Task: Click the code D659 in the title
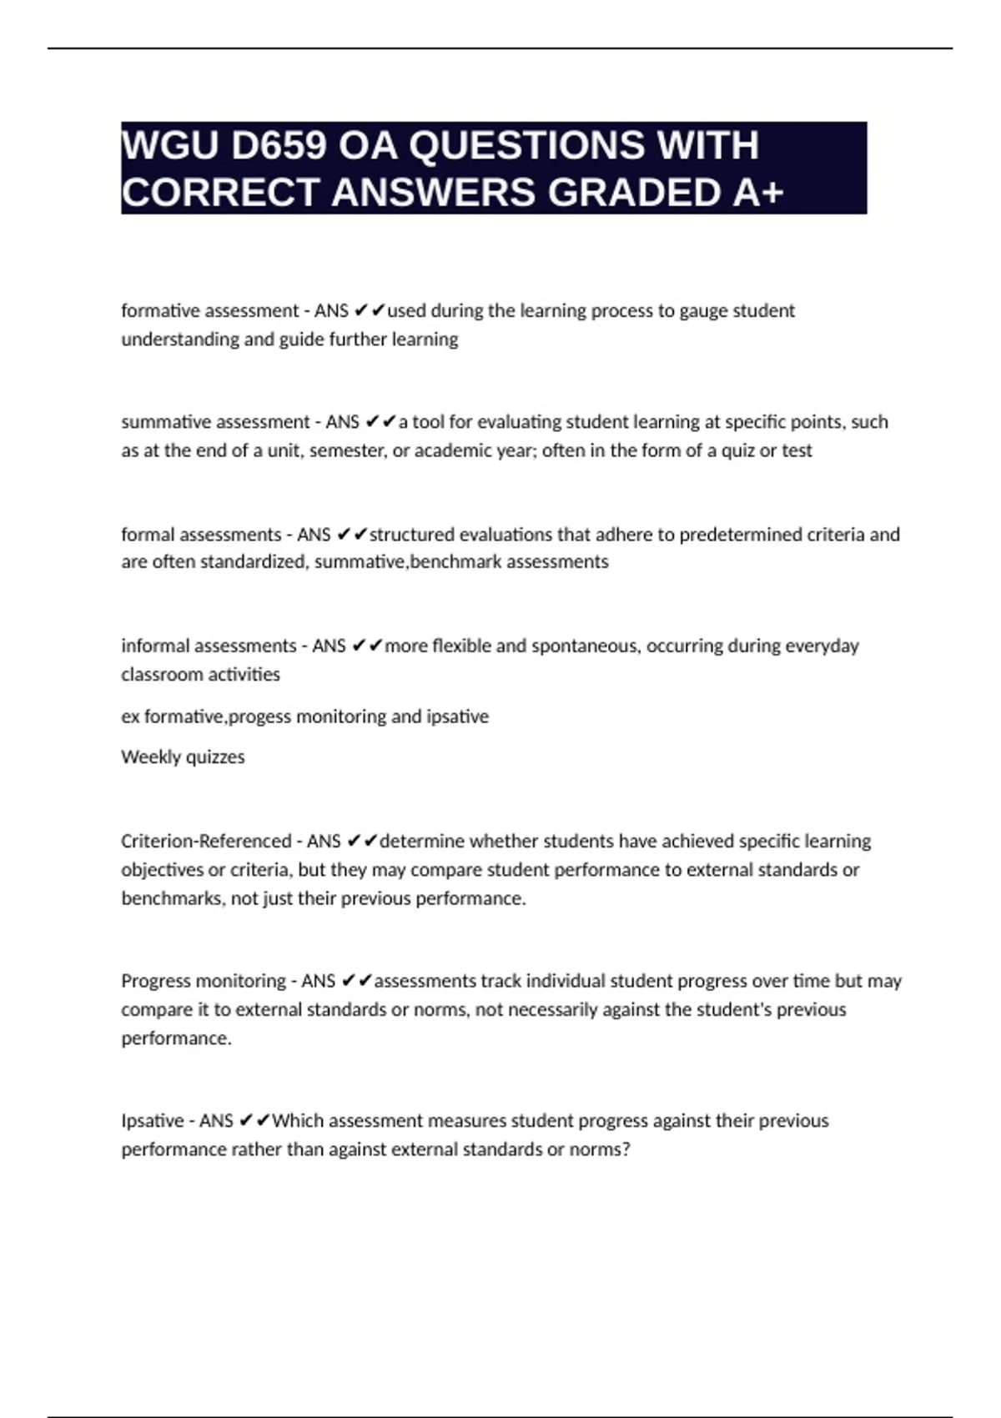pyautogui.click(x=279, y=146)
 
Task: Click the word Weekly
pyautogui.click(x=150, y=757)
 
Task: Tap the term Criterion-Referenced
pyautogui.click(x=206, y=841)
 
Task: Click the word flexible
pyautogui.click(x=461, y=646)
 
